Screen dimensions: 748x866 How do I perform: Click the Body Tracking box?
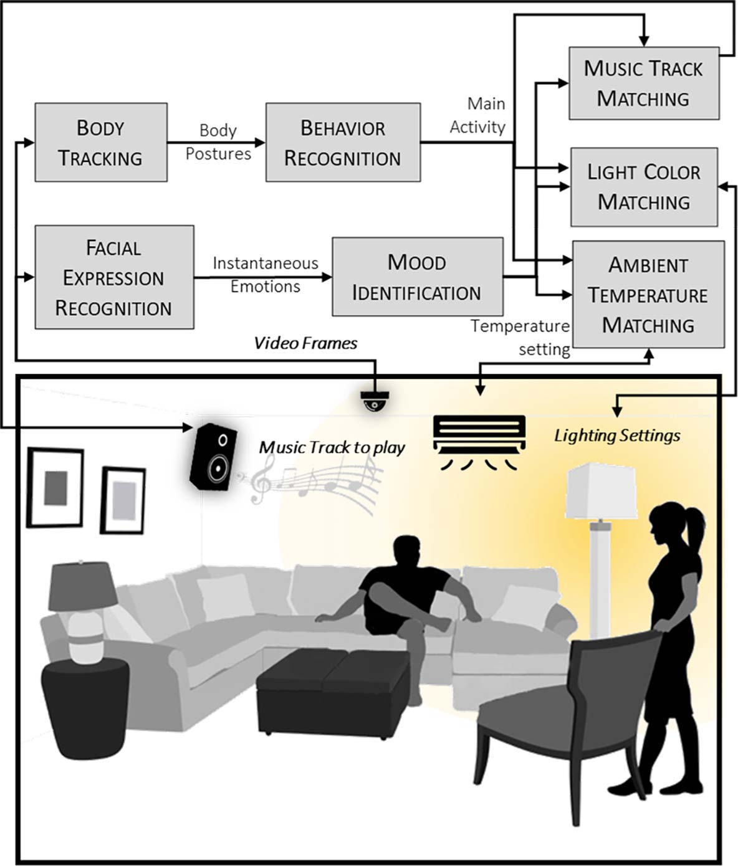(x=101, y=143)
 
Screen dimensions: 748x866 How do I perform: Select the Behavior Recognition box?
(x=343, y=143)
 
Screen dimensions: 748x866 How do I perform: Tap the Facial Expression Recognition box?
(x=115, y=277)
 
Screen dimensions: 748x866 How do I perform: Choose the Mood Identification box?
(x=418, y=277)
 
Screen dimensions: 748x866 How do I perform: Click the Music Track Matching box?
(x=644, y=83)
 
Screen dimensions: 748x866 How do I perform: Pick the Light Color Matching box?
(x=644, y=187)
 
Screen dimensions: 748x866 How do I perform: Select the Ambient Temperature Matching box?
(x=649, y=294)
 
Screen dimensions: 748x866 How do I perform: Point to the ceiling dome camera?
(x=375, y=401)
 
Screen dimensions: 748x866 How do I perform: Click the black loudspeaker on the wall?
(x=213, y=457)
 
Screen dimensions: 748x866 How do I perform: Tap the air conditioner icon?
(x=479, y=442)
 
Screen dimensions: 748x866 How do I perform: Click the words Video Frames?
(x=305, y=343)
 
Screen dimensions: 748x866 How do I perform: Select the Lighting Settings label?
(x=617, y=435)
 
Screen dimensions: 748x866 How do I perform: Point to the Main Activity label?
(x=478, y=115)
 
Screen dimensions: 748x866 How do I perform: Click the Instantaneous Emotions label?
(x=266, y=275)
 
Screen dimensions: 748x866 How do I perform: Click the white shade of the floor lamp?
(x=602, y=491)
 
